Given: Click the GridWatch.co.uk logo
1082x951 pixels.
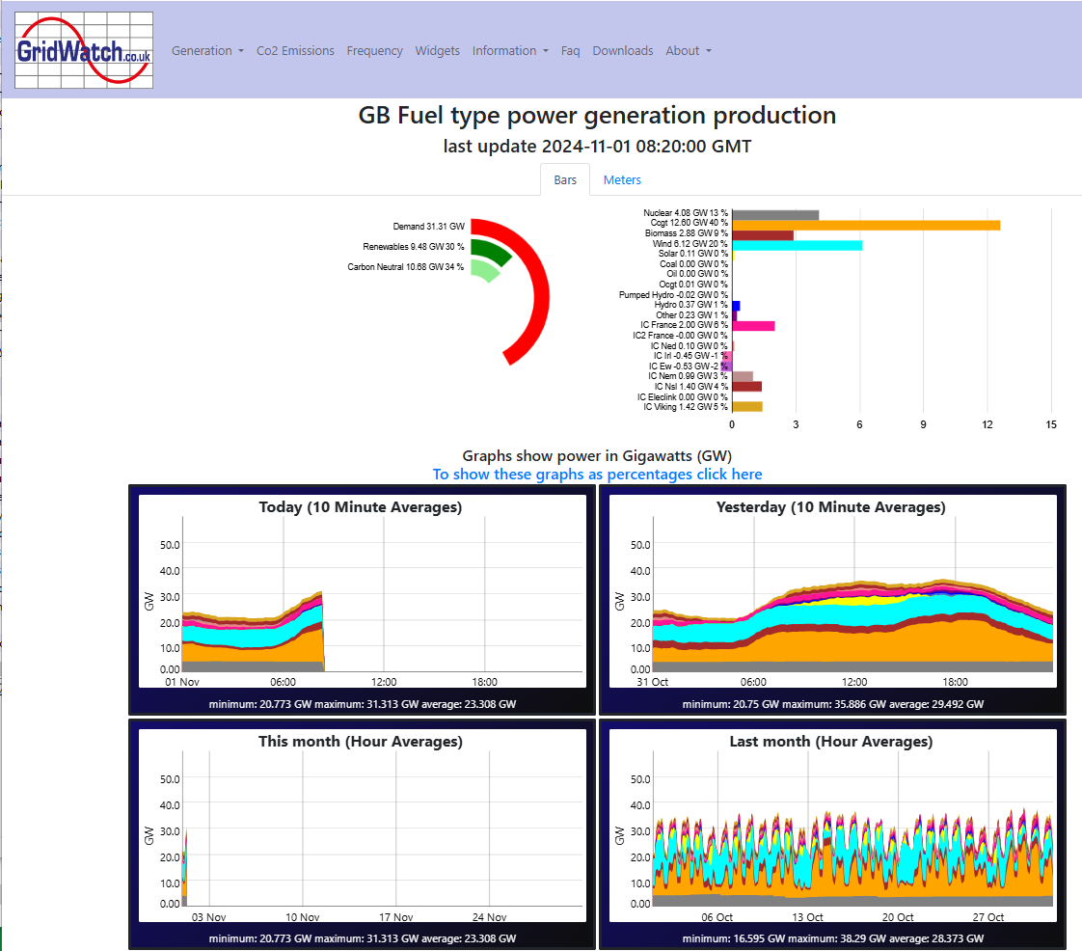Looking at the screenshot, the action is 84,50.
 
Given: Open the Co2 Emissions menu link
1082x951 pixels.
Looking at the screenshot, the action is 295,51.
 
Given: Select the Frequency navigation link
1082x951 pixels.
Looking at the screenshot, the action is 375,51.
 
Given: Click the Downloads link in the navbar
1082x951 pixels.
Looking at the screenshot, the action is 622,51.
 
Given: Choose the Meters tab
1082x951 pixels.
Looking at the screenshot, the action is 622,180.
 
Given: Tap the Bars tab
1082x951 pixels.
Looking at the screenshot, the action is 565,180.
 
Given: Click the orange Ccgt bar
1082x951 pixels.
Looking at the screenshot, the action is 866,225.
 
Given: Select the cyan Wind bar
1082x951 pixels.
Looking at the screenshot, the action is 797,245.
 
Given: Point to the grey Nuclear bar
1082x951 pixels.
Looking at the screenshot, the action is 775,215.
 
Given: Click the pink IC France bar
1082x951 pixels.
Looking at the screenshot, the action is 753,326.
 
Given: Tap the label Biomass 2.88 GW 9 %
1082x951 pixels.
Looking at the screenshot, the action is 686,233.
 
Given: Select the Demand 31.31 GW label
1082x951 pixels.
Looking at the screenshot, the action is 428,227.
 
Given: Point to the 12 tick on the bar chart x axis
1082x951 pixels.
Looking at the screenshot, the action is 987,424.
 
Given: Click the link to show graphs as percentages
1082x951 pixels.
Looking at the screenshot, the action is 598,475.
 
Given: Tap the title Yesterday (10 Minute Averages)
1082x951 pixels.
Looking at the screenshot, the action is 831,507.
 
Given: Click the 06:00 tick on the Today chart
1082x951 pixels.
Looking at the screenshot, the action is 283,682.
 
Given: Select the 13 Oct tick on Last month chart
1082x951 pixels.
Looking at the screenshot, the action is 807,917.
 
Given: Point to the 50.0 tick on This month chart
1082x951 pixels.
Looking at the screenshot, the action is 170,779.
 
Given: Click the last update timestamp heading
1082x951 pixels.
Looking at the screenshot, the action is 598,147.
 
